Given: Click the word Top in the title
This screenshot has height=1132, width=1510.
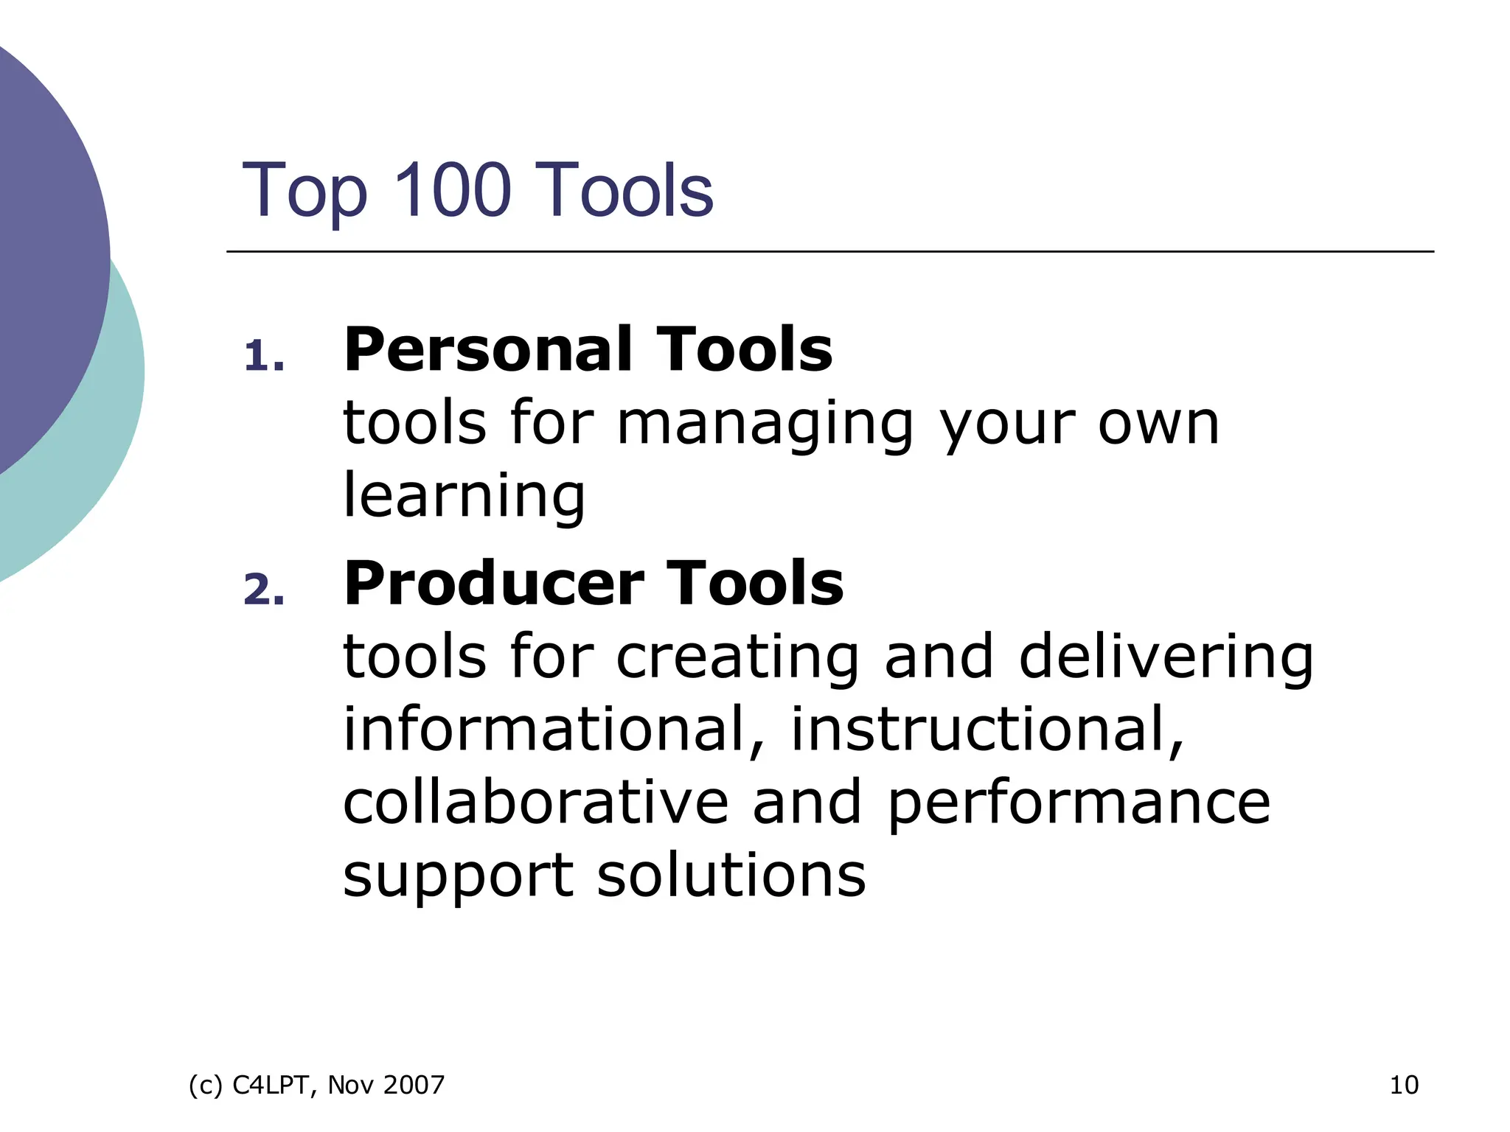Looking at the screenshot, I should [x=304, y=192].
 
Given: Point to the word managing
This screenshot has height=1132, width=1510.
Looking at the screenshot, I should [x=765, y=426].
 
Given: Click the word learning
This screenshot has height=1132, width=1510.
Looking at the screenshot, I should [x=464, y=497].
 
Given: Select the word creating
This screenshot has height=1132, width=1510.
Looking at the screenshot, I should [x=737, y=657].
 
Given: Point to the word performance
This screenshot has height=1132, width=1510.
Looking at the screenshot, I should [x=1079, y=803].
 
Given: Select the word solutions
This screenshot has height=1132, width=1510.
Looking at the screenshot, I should [x=731, y=875].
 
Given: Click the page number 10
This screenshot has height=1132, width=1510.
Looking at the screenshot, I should [x=1403, y=1085].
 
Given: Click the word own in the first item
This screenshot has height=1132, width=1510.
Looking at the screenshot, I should [x=1158, y=426].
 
